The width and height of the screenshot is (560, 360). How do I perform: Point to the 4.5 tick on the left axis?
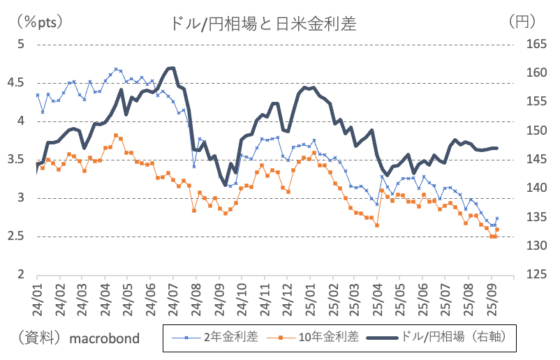16,82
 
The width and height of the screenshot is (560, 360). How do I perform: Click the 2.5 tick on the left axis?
16,237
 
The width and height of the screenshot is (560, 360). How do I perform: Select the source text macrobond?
105,338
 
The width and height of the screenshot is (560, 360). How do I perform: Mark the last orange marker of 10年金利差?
497,230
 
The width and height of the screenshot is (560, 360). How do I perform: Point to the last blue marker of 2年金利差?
497,218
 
